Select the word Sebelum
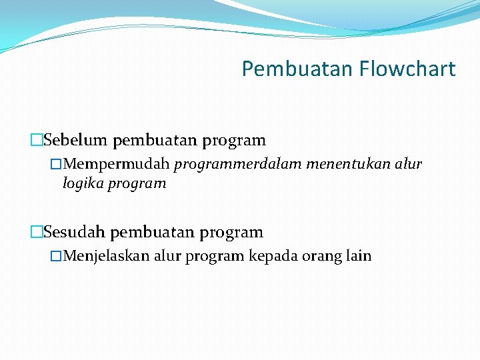(76, 141)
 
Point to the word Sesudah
(75, 233)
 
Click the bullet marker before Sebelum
(36, 141)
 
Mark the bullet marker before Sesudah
(36, 233)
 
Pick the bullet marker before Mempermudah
(57, 165)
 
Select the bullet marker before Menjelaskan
(57, 257)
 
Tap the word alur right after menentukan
(408, 164)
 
